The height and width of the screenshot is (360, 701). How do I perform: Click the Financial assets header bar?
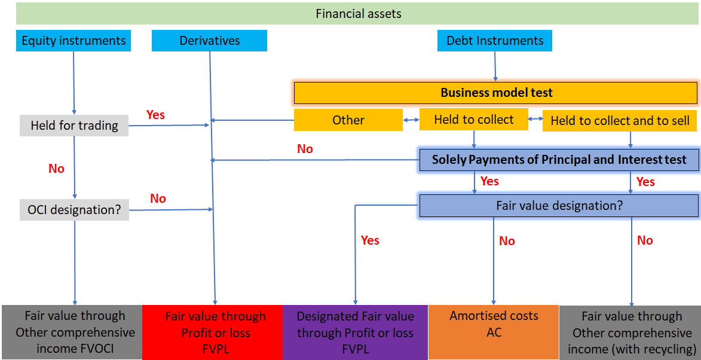(x=358, y=13)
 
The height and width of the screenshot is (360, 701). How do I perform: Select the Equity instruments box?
(x=74, y=41)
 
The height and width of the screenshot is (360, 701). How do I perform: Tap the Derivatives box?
(x=209, y=41)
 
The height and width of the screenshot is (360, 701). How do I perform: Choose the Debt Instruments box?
(x=495, y=41)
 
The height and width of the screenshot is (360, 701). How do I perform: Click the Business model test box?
(x=496, y=93)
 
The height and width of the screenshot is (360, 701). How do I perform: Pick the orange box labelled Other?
(x=348, y=120)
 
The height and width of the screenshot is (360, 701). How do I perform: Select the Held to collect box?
(x=474, y=120)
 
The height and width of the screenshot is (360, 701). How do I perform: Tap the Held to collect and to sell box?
(x=620, y=121)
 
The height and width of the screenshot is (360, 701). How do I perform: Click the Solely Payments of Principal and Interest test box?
(x=559, y=160)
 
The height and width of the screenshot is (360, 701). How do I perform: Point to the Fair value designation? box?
(x=559, y=206)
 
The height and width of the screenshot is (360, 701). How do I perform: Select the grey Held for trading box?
(x=74, y=126)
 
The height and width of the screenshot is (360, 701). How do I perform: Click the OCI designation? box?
(x=74, y=210)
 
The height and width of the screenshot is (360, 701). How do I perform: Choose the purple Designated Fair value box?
(x=355, y=332)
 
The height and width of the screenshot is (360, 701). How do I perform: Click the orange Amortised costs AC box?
(x=494, y=324)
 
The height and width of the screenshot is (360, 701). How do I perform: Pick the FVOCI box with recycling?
(x=631, y=332)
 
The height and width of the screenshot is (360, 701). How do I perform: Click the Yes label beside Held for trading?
(x=155, y=115)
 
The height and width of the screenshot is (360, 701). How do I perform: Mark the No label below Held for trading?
(x=56, y=169)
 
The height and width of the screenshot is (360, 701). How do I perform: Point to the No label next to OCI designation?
(x=158, y=199)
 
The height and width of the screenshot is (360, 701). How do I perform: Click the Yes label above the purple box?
(x=370, y=240)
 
